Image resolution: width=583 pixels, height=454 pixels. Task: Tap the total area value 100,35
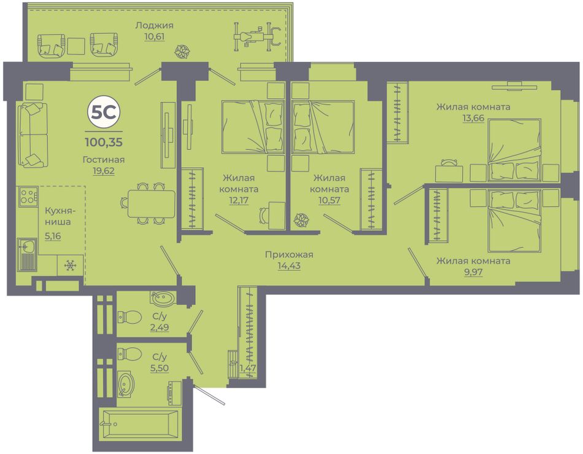[104, 142]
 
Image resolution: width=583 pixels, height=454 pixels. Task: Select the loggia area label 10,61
[155, 36]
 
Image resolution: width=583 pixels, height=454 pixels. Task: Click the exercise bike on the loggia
[257, 36]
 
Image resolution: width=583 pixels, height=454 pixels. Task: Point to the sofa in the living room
[33, 135]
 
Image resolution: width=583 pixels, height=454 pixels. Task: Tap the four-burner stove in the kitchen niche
[28, 196]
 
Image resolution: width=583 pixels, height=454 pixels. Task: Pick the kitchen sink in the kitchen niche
[28, 254]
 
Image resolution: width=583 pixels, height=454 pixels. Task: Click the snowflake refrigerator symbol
[70, 265]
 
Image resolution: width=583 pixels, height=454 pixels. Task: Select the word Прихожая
[289, 254]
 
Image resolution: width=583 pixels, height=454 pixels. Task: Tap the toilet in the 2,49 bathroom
[129, 316]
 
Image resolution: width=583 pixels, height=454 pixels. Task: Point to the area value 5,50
[161, 368]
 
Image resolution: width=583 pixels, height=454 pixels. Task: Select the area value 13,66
[473, 118]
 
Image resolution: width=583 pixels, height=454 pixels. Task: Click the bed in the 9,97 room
[514, 221]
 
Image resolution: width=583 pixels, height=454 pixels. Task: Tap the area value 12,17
[239, 200]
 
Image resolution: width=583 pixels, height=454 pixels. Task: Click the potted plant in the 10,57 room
[301, 220]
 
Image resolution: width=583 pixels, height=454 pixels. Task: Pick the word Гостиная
[104, 160]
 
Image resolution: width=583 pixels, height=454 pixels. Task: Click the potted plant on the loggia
[182, 52]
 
